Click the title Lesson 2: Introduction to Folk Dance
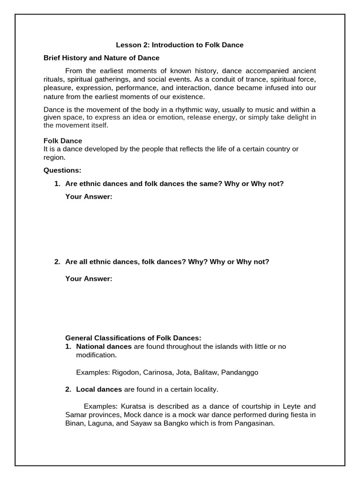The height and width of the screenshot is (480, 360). [180, 45]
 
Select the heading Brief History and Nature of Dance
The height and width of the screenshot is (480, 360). [101, 58]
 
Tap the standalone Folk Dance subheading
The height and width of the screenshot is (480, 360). [63, 141]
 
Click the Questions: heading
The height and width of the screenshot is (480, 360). [62, 170]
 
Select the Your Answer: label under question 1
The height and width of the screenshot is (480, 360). [89, 196]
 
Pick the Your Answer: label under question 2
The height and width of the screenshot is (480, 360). [89, 279]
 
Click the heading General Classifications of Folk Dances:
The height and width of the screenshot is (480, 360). [133, 338]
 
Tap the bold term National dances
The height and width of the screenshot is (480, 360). [104, 346]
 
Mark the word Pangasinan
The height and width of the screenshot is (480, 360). [253, 423]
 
